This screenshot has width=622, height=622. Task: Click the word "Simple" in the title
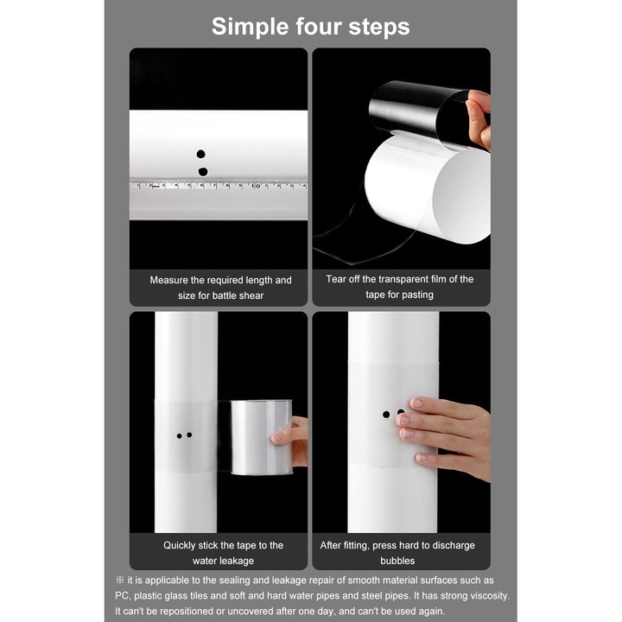pos(251,27)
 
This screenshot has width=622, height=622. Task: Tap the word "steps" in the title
pos(379,28)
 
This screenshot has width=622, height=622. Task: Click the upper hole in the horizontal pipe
pos(200,154)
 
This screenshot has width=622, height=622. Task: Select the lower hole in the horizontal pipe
pos(203,172)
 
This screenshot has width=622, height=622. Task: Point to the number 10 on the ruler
pos(257,186)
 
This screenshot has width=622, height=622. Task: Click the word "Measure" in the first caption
pos(168,280)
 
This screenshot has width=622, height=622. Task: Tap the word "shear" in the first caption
pos(252,295)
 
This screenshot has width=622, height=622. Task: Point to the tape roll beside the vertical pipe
pos(262,437)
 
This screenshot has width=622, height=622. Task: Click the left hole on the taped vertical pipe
pos(180,436)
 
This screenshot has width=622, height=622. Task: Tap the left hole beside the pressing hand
pos(386,415)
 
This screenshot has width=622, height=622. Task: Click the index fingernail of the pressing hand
pos(416,403)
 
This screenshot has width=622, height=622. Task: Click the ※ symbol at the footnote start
pos(120,580)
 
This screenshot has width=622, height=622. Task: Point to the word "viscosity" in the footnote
pos(488,596)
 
